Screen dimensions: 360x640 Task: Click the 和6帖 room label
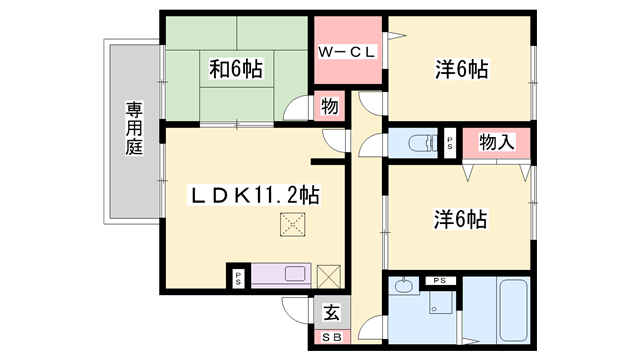point(236,69)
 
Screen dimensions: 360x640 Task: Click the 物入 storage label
point(497,142)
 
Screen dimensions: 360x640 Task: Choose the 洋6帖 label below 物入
point(461,218)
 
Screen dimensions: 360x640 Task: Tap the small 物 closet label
point(329,106)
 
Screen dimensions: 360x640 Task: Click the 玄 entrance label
point(331,311)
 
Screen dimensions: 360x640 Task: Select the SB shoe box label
point(331,338)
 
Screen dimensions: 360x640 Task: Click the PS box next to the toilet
point(449,142)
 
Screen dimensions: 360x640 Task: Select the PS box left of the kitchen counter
point(238,277)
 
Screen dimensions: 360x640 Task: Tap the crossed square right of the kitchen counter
point(329,275)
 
